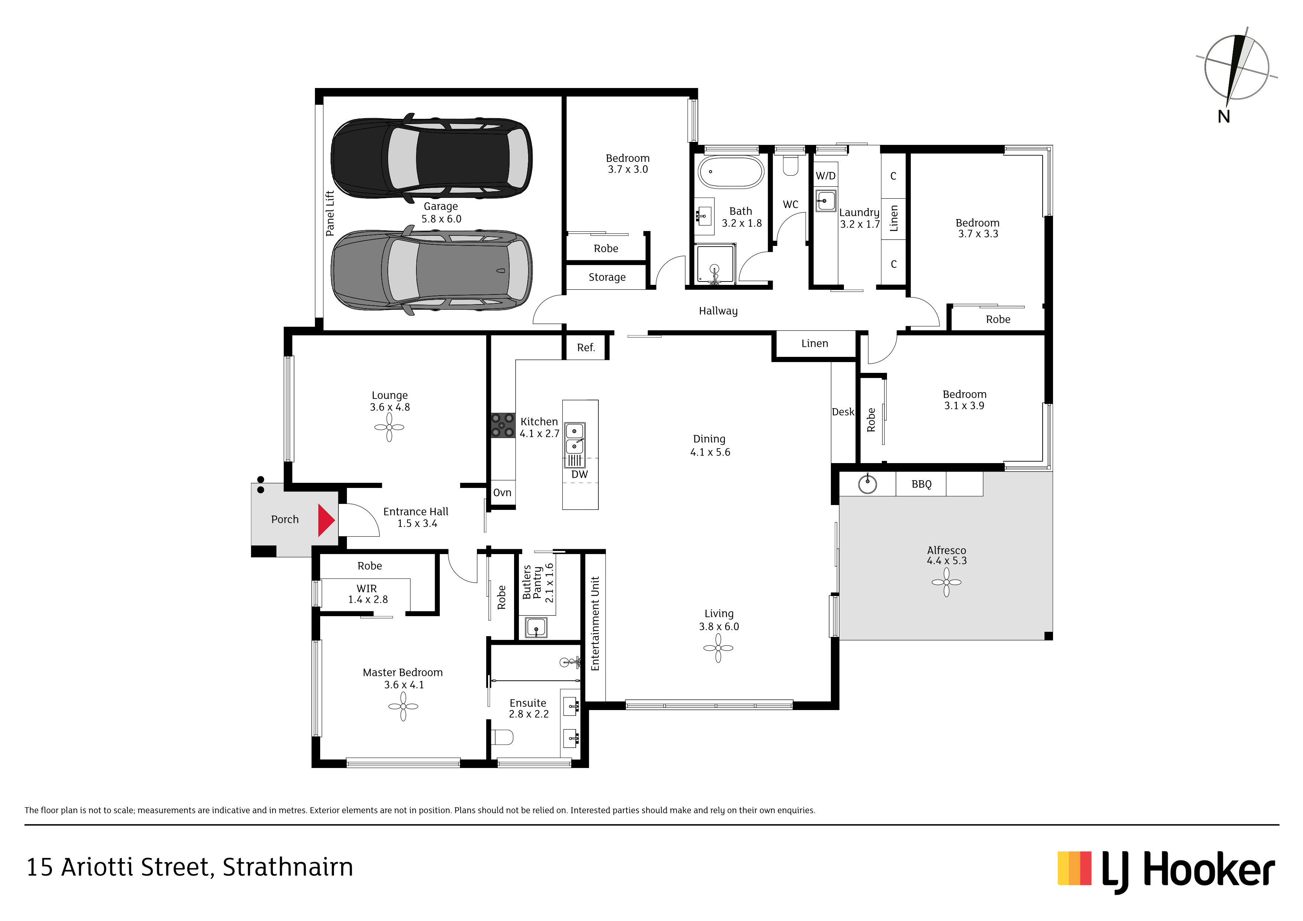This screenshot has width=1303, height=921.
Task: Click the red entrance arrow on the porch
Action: click(x=326, y=520)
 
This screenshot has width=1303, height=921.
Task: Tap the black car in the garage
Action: click(x=431, y=158)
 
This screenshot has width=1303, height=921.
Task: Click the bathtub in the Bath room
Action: click(x=731, y=172)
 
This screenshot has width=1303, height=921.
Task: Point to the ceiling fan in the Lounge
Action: click(x=389, y=427)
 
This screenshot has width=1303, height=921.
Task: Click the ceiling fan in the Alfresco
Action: click(x=946, y=582)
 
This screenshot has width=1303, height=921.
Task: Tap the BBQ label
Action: click(x=921, y=484)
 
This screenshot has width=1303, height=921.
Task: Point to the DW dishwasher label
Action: click(x=579, y=474)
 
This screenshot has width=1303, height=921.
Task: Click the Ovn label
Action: click(x=502, y=492)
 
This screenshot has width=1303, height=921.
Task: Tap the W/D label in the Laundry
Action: click(x=826, y=176)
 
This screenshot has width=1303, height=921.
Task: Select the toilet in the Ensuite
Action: click(x=502, y=737)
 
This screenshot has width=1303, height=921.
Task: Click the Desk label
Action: click(x=843, y=412)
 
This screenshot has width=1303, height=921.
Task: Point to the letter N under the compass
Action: click(x=1224, y=116)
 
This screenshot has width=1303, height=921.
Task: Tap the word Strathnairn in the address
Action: click(x=288, y=868)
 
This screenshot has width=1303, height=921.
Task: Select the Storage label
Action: click(x=607, y=277)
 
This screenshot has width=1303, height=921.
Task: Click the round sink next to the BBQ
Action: click(x=867, y=484)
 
